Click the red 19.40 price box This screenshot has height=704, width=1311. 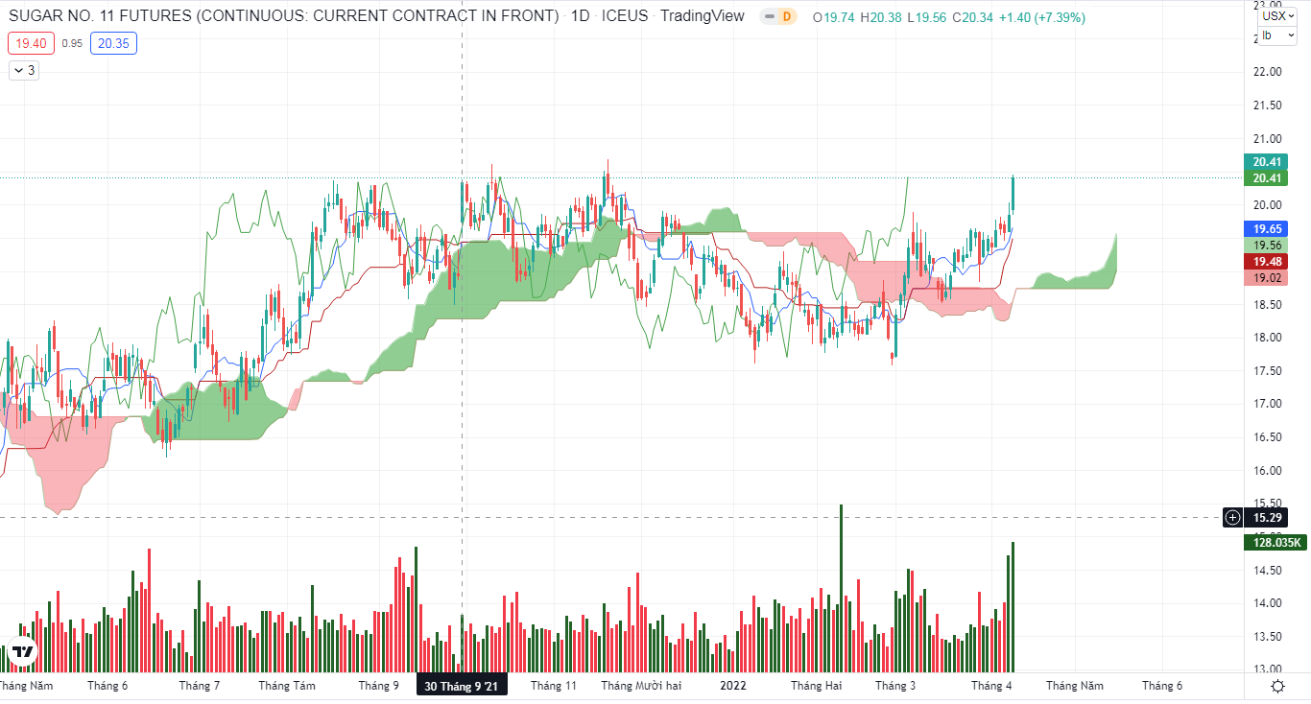[x=31, y=43]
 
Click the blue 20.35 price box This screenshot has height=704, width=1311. [x=113, y=43]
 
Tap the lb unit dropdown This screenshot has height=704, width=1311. [x=1273, y=35]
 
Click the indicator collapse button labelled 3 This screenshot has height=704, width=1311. [x=24, y=70]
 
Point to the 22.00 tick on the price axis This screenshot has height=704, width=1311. [x=1267, y=72]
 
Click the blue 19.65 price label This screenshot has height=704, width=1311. [x=1268, y=229]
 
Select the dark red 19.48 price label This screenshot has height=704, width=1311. [x=1268, y=262]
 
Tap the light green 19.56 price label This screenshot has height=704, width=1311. [x=1268, y=246]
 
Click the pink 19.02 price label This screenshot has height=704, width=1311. [x=1268, y=278]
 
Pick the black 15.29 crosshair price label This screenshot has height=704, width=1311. [x=1268, y=518]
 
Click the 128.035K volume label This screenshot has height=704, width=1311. [x=1276, y=543]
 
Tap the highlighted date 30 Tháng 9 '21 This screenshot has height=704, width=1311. [x=461, y=686]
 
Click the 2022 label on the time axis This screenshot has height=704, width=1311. [x=732, y=686]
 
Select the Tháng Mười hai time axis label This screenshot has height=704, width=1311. [x=641, y=686]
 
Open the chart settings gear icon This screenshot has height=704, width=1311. [x=1277, y=686]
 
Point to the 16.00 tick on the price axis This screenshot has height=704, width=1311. [x=1267, y=470]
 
